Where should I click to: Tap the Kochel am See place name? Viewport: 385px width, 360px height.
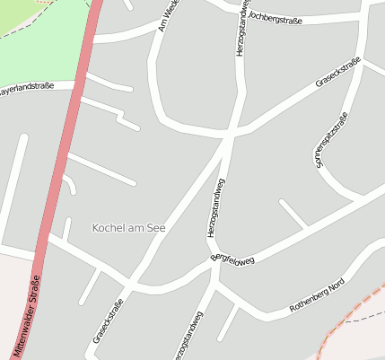[x=129, y=228]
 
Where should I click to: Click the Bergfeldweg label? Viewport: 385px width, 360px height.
[x=233, y=258]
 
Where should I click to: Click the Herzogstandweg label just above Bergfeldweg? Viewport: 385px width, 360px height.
[x=216, y=208]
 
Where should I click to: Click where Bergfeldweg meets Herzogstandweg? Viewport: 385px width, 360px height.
[x=214, y=267]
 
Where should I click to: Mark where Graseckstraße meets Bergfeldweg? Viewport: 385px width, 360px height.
[x=130, y=285]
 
